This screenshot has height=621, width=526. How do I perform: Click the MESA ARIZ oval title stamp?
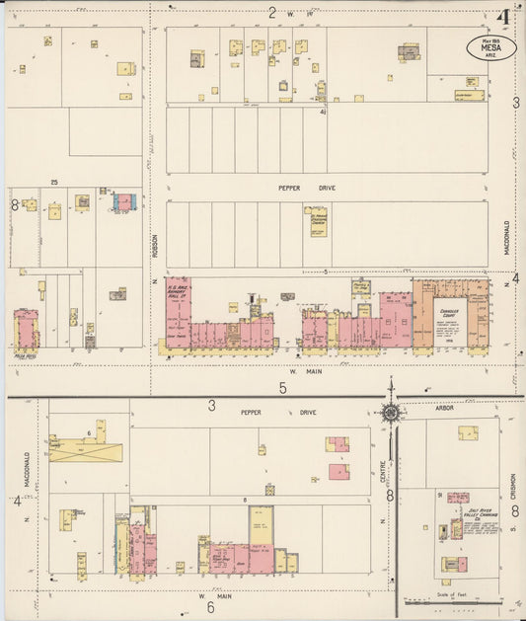490,48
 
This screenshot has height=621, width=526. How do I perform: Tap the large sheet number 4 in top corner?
503,17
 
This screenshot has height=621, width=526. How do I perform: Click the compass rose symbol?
392,412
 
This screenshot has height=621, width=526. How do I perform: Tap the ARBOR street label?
444,407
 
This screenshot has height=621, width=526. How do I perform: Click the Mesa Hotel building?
27,330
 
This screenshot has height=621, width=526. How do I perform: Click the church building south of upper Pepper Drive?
317,219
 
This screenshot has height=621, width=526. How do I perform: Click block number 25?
56,182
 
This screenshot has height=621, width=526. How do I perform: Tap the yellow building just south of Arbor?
468,432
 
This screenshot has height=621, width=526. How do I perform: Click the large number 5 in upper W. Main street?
282,388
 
